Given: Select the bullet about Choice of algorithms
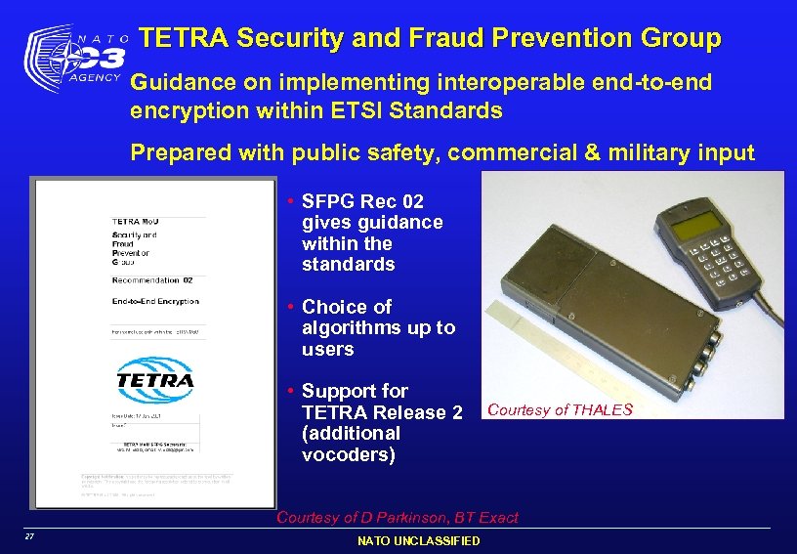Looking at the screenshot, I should (x=378, y=327).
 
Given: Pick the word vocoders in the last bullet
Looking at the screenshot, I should (x=349, y=454).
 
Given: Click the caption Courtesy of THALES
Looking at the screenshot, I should (x=560, y=409).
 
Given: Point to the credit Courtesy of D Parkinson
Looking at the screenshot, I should (x=398, y=518).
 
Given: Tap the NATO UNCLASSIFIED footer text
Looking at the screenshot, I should (x=418, y=540).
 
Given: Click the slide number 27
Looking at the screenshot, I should (x=30, y=537).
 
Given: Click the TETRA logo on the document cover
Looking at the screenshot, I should (x=155, y=377).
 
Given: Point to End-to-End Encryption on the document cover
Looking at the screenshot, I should (x=155, y=301).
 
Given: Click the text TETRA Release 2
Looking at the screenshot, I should (x=383, y=412).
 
